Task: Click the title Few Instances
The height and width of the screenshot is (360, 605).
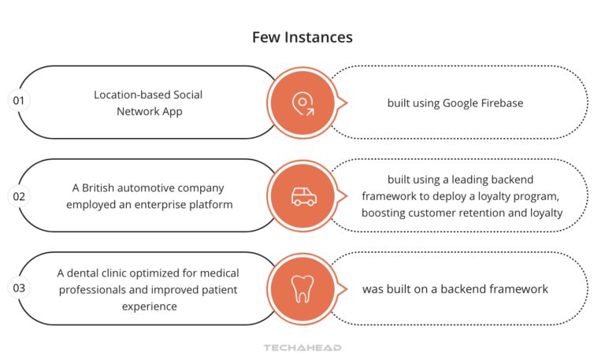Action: [302, 37]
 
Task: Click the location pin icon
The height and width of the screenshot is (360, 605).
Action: [302, 102]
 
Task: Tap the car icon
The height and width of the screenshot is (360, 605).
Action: [302, 196]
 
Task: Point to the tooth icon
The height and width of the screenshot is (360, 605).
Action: [302, 289]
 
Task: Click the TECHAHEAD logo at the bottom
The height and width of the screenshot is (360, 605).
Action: [302, 347]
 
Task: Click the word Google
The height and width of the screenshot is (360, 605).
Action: [461, 102]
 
